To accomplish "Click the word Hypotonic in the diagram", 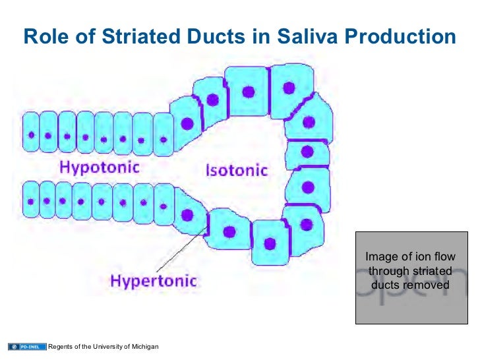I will [101, 167].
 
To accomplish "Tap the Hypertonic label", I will [153, 280].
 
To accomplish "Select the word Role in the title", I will [45, 37].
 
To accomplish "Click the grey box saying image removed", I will [410, 277].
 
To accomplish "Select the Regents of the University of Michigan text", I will [104, 347].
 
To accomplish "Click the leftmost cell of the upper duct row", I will [31, 135].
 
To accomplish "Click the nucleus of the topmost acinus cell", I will [249, 91].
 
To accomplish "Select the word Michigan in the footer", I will [144, 347].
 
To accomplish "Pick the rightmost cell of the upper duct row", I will [162, 136].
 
